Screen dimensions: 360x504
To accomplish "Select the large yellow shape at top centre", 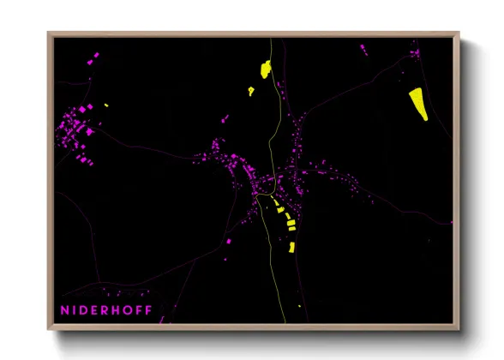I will click(265, 69).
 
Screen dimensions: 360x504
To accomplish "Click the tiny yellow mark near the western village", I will click(106, 105).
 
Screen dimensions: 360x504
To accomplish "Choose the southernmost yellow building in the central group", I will click(291, 247).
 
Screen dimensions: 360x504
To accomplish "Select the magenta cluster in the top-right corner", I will click(415, 54).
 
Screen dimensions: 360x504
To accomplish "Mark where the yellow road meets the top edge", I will click(271, 39).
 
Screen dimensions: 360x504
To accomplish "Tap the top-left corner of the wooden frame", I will click(49, 33).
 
